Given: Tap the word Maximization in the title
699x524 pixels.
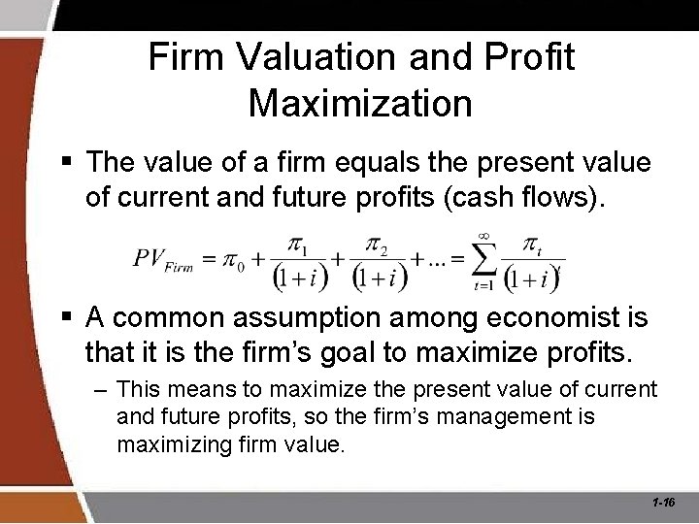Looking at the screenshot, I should pyautogui.click(x=360, y=103).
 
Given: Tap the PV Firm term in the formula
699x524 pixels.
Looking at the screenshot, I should pyautogui.click(x=163, y=259).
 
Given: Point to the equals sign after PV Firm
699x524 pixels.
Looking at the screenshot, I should pyautogui.click(x=208, y=260).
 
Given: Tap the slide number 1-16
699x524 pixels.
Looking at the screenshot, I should pyautogui.click(x=665, y=503).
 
